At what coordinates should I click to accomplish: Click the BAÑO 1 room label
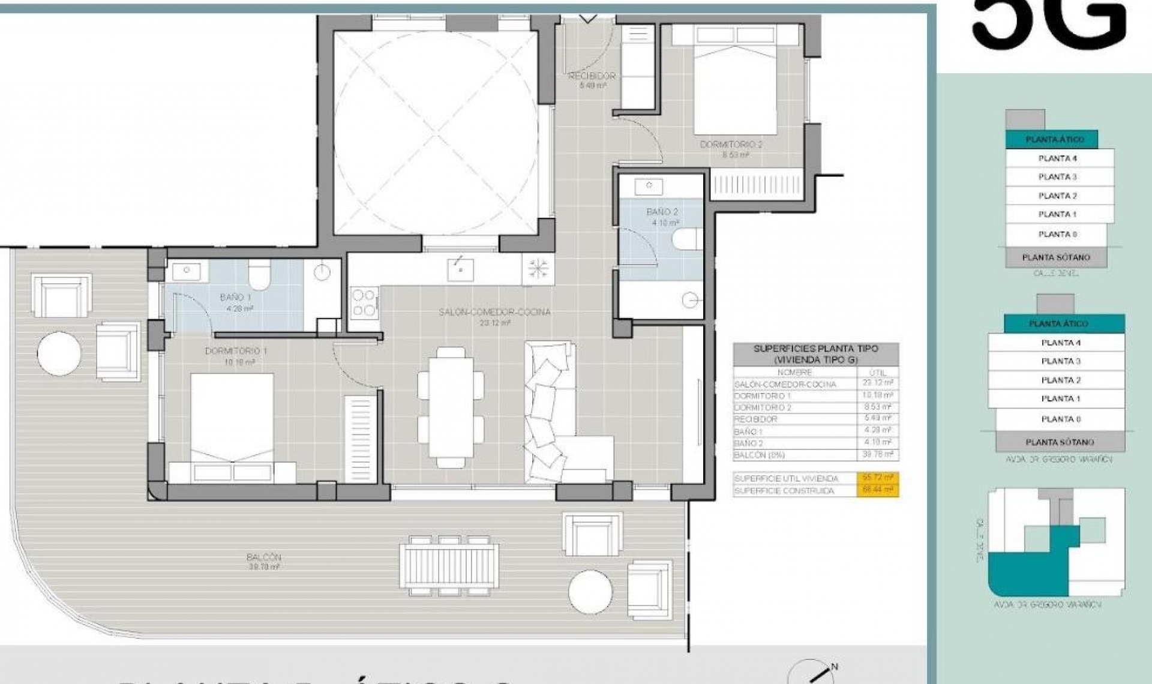click(x=235, y=298)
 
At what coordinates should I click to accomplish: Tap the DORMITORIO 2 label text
click(x=731, y=145)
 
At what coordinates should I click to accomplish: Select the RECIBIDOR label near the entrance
click(x=592, y=76)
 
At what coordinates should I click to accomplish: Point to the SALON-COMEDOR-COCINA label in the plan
click(x=494, y=312)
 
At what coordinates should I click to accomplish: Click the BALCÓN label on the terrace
click(x=263, y=557)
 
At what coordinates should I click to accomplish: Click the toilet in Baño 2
click(x=687, y=239)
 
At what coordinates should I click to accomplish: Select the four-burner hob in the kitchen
click(x=364, y=302)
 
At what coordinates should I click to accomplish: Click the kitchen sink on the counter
click(x=460, y=269)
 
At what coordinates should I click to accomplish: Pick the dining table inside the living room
click(x=451, y=407)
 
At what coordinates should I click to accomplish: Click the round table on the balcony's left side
click(x=59, y=353)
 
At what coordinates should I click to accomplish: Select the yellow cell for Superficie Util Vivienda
click(x=877, y=478)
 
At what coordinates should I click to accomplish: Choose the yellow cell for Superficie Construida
click(x=877, y=490)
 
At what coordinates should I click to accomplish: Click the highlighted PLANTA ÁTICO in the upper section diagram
click(x=1054, y=140)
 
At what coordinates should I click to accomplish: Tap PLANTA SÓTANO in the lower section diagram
click(x=1060, y=442)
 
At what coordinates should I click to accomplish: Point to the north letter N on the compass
click(x=834, y=667)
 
